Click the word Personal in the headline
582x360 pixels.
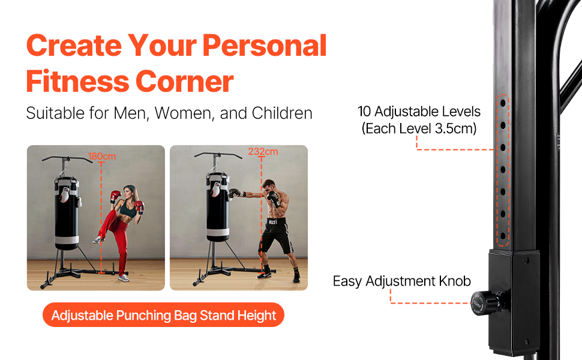[264, 46]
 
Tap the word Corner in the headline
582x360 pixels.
[184, 81]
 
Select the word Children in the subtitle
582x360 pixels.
[282, 113]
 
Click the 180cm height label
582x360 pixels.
[102, 156]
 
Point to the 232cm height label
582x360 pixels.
[263, 151]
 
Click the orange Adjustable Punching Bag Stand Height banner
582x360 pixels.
[163, 315]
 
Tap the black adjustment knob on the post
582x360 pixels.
[486, 303]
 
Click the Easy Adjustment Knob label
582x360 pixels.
[401, 281]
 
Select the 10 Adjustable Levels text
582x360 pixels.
[419, 112]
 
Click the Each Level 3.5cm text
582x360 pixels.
[419, 128]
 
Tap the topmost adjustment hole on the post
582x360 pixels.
[503, 103]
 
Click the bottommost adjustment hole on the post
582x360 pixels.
[503, 236]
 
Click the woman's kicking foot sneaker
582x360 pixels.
[98, 240]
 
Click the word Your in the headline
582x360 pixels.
[162, 46]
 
